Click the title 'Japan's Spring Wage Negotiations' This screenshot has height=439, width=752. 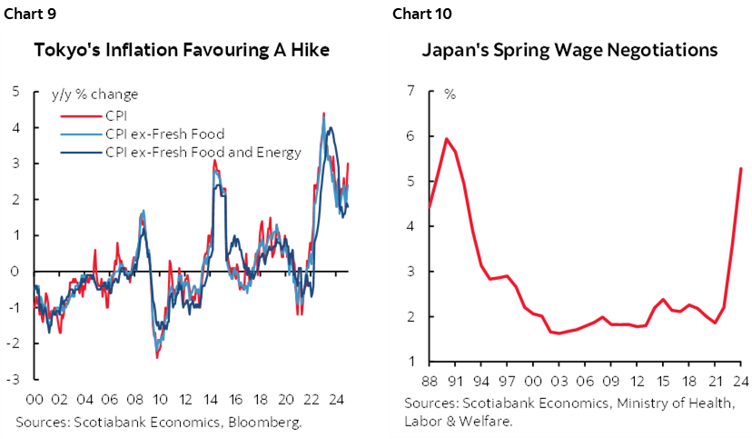569,50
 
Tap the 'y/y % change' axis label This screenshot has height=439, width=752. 101,95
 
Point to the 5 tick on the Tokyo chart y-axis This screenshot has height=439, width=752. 15,91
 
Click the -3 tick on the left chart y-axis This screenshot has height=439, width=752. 14,379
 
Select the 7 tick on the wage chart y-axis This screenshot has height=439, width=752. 411,91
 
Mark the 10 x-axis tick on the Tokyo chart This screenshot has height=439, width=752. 159,398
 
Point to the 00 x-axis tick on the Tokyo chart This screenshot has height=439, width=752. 36,398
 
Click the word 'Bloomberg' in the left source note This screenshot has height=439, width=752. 267,422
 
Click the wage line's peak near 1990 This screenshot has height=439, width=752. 446,139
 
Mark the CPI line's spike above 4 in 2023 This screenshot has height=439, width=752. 324,114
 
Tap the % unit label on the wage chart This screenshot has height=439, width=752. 450,94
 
